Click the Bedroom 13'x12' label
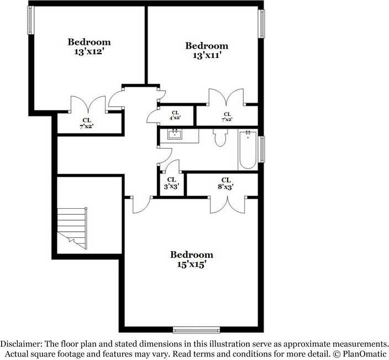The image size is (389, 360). pos(89,46)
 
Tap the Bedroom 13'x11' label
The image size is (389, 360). pos(207,50)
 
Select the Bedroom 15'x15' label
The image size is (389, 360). pos(191,259)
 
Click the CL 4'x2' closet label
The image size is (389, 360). pos(175,114)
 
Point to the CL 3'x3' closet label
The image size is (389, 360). pos(171,183)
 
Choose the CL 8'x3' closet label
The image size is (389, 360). pos(225,183)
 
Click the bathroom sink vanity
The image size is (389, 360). pos(176,135)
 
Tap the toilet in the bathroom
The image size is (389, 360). pos(220,137)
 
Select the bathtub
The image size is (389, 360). pos(248,149)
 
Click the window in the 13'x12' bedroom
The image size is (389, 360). pos(31,20)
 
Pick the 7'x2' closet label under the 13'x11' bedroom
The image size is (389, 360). pos(227,117)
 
